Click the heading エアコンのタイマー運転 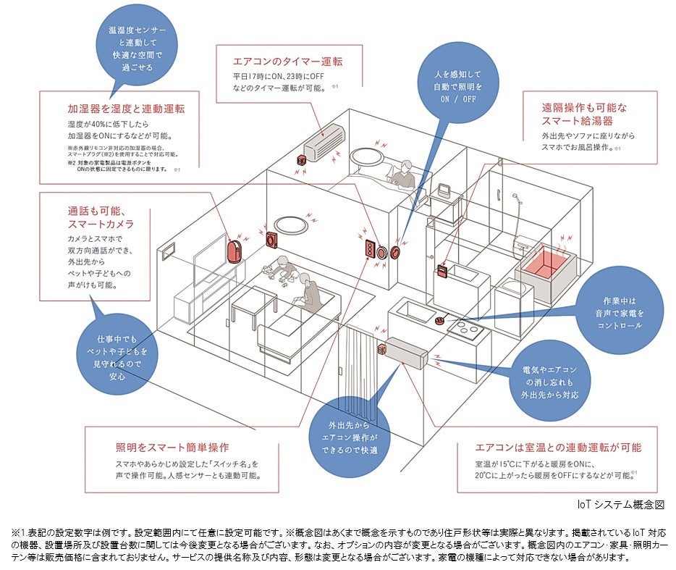point(287,62)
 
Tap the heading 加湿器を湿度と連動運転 point(126,109)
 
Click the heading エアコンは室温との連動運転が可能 point(557,448)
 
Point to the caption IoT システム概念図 point(620,504)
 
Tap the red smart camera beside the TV point(235,252)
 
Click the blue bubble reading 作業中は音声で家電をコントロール point(620,313)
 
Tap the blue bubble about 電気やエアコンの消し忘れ point(550,382)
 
